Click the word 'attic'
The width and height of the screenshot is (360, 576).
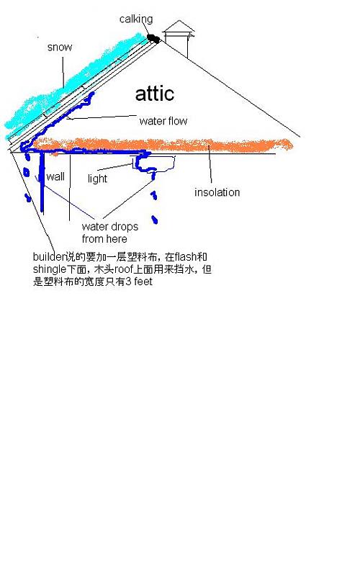point(155,94)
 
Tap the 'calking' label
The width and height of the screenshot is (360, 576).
point(136,19)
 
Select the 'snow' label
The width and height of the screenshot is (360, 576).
point(60,47)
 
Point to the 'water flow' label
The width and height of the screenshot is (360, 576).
point(163,121)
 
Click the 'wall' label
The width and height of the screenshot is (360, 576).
point(55,176)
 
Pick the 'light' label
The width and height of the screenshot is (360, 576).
point(97,179)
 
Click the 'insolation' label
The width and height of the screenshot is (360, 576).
point(217,192)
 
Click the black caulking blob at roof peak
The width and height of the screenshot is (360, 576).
point(153,38)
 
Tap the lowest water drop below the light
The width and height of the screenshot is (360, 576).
point(155,220)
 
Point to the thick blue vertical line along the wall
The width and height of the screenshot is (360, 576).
point(42,183)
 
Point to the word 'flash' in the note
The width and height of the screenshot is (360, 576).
point(186,256)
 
